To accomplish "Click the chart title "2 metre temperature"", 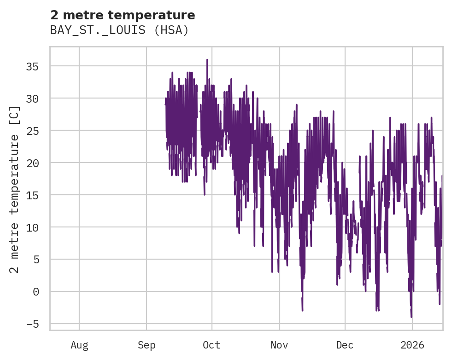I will click(x=123, y=15).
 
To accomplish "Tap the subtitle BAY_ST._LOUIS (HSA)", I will click(x=119, y=30).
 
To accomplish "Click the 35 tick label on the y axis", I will click(x=32, y=67).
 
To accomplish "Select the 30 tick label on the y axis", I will click(x=32, y=99).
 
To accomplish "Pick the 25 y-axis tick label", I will click(x=32, y=131).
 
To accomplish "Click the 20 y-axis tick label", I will click(x=32, y=163).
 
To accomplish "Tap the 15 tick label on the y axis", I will click(x=32, y=195).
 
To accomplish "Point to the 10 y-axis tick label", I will click(x=32, y=227).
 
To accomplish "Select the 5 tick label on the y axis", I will click(x=35, y=260).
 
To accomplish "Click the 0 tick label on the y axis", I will click(x=35, y=292).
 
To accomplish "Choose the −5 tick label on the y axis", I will click(x=32, y=324).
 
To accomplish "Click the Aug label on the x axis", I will click(x=79, y=345).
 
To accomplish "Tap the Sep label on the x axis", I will click(x=147, y=345).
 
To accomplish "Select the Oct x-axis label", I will click(x=212, y=345).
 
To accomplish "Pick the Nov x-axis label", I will click(x=279, y=345).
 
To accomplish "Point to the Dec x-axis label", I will click(x=345, y=345).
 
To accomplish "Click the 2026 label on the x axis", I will click(x=412, y=345).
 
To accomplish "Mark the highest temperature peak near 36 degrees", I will click(x=207, y=60).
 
